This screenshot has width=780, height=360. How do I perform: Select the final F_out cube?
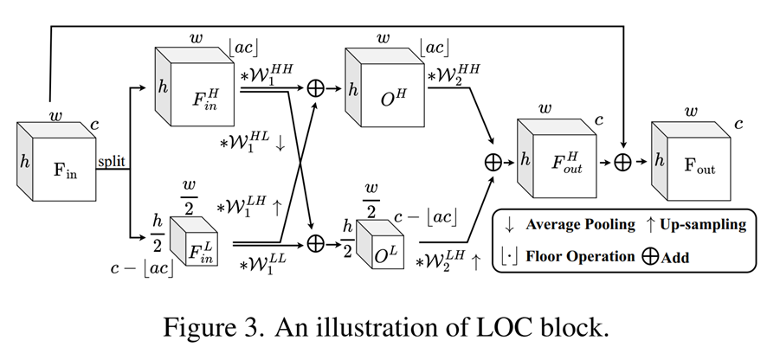(698, 164)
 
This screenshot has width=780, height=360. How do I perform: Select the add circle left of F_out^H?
(493, 162)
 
